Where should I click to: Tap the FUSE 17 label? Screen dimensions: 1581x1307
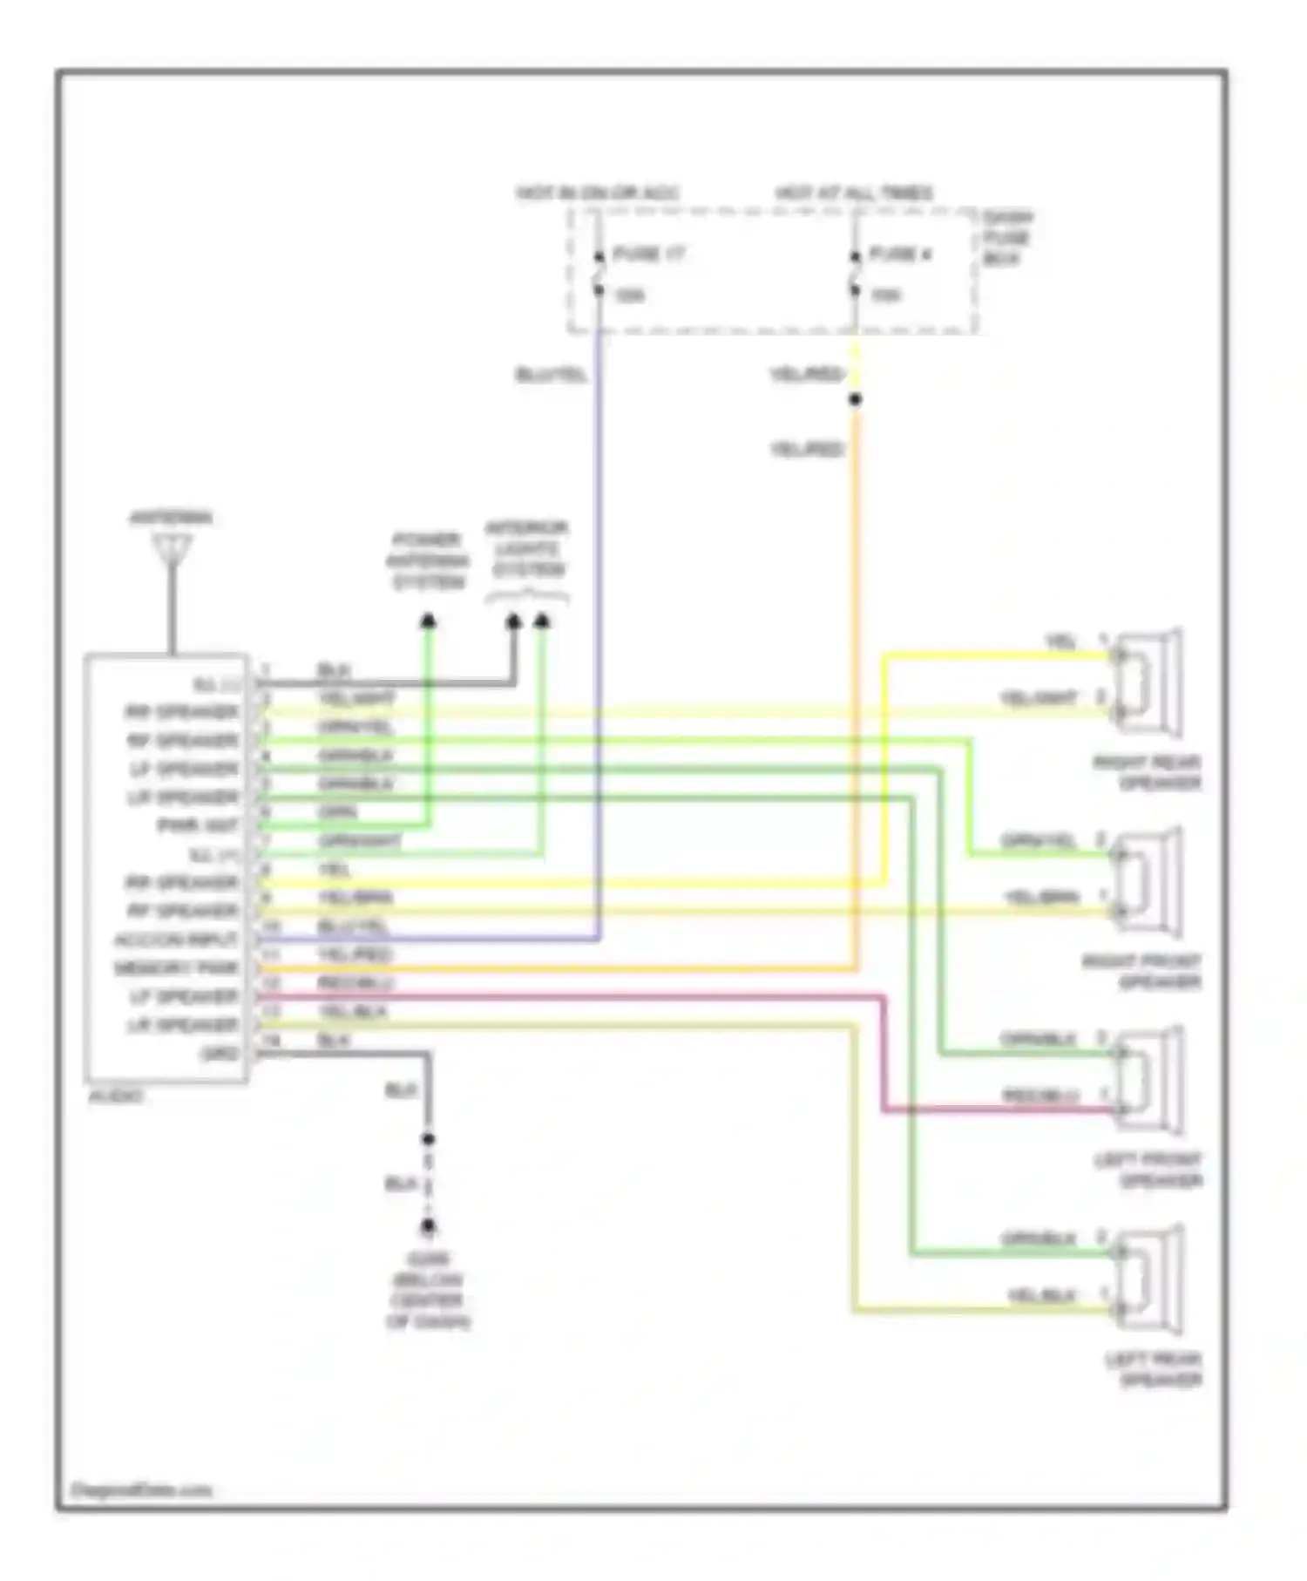click(649, 254)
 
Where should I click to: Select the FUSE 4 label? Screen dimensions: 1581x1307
click(901, 254)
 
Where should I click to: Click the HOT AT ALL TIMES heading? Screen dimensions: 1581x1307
click(854, 193)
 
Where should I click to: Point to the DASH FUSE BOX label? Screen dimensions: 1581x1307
click(1006, 238)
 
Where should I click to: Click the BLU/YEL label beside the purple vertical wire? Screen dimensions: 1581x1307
click(552, 376)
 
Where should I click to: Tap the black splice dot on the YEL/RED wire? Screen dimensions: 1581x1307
click(856, 400)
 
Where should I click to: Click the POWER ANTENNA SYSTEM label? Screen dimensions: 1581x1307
click(427, 560)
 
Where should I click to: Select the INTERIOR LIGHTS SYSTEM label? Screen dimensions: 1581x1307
click(528, 549)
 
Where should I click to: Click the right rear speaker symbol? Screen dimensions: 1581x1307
click(1148, 682)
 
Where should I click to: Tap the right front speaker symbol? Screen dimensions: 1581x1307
click(1148, 882)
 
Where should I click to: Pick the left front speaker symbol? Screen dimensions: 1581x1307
click(1148, 1081)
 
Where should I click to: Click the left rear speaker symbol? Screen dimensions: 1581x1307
click(1148, 1280)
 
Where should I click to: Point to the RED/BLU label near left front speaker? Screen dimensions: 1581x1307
click(1040, 1096)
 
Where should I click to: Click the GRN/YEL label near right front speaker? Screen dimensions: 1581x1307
click(1039, 841)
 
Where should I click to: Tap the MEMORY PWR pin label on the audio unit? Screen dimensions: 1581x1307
click(176, 968)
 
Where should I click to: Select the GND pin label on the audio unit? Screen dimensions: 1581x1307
click(219, 1054)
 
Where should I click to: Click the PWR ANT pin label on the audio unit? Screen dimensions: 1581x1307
click(197, 825)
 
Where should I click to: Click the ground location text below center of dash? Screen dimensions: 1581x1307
click(428, 1291)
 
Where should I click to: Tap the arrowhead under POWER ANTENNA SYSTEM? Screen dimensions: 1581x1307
click(428, 621)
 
